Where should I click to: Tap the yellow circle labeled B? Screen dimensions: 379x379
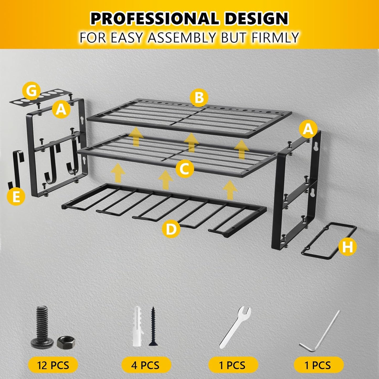[199, 98]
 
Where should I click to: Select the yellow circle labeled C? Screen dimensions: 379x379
[185, 169]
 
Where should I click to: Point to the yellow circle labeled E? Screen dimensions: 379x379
[16, 196]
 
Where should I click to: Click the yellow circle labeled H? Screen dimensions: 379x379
[347, 247]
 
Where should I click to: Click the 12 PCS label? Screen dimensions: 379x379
[53, 365]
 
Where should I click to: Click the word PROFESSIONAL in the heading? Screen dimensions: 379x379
[154, 19]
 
